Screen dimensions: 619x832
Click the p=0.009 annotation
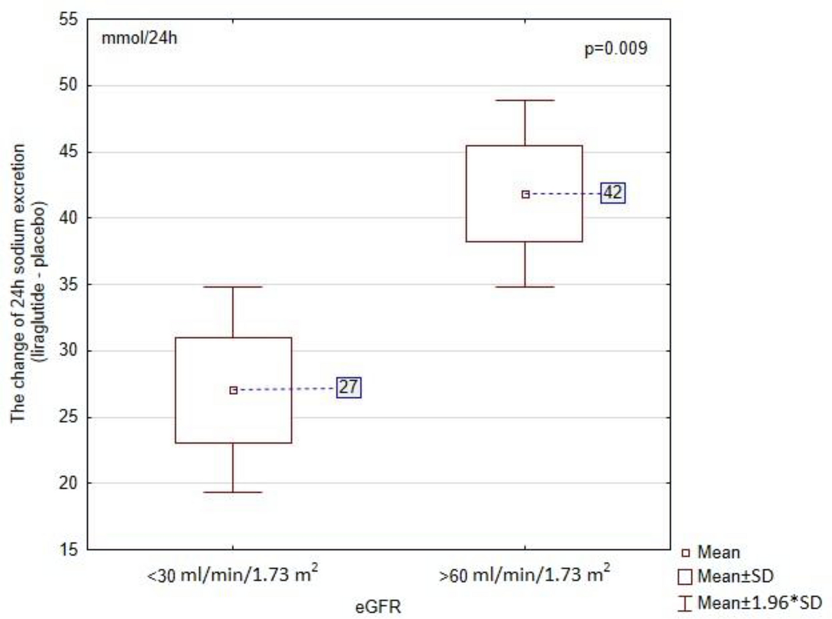tap(615, 48)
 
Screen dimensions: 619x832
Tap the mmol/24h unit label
tap(139, 39)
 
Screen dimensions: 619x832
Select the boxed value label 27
tap(348, 387)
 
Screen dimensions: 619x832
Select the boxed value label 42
tap(613, 193)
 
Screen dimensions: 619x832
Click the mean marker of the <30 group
tap(233, 390)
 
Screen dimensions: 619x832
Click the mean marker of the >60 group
tap(525, 194)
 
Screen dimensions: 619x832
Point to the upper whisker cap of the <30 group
tap(233, 287)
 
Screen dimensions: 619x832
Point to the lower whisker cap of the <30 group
tap(233, 492)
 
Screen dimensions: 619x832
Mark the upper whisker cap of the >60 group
tap(525, 100)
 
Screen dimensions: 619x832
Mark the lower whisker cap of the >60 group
tap(525, 287)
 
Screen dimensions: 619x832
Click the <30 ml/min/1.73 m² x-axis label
tap(233, 574)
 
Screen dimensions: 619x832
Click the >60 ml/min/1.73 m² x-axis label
tap(525, 574)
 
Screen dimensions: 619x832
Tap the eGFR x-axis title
tap(378, 606)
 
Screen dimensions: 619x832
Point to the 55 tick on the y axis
tap(68, 19)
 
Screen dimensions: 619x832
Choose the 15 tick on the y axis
tap(68, 550)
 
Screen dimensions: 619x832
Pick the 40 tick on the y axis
tap(68, 218)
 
